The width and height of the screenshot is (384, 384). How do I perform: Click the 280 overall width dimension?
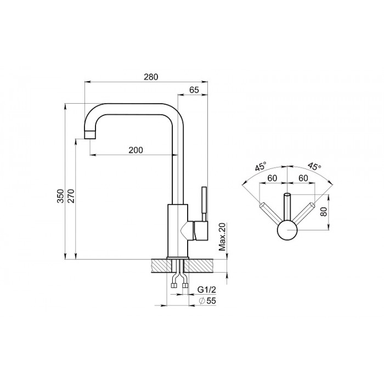(x=151, y=77)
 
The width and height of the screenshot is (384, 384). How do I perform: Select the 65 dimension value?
(x=194, y=90)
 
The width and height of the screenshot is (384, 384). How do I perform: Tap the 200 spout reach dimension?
(x=135, y=150)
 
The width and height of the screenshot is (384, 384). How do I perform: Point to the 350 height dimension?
(x=60, y=196)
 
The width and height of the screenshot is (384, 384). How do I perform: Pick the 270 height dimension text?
(x=71, y=196)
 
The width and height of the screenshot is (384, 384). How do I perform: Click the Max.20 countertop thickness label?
(x=222, y=237)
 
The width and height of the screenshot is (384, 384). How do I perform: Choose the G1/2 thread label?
(x=207, y=290)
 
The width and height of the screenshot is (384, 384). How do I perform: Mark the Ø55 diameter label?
(x=208, y=301)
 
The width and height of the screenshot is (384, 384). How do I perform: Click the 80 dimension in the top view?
(x=324, y=211)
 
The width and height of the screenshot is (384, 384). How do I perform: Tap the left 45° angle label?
(x=261, y=167)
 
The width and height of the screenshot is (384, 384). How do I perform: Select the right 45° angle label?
(x=314, y=166)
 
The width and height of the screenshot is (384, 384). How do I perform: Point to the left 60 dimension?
(x=272, y=178)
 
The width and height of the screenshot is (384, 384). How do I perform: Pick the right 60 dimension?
(x=303, y=178)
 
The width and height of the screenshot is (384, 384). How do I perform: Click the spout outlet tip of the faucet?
(x=89, y=135)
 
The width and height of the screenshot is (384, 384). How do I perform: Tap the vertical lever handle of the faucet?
(x=204, y=204)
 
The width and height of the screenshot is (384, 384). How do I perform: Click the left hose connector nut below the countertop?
(x=174, y=285)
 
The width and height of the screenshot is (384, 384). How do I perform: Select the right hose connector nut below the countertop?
(x=185, y=285)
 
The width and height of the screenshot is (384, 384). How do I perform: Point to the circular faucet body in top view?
(x=287, y=230)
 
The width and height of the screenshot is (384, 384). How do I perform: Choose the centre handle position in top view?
(x=287, y=207)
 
